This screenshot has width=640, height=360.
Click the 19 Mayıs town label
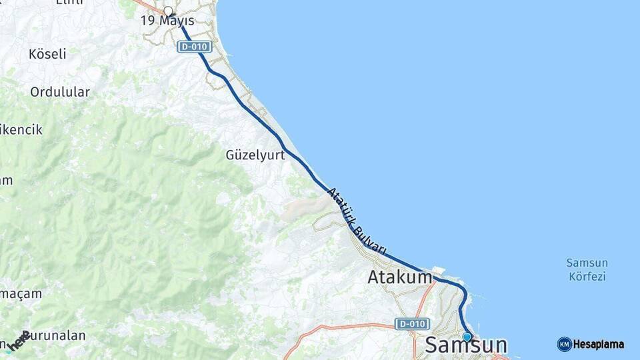coord(167,21)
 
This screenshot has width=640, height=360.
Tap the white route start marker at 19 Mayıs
coord(168,11)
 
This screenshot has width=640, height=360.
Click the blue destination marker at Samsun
coord(467,337)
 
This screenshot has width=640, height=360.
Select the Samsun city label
coord(465,345)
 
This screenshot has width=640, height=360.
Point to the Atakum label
coord(399,277)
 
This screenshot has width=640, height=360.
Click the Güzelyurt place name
coord(255,155)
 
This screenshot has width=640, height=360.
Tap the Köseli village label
coord(47,54)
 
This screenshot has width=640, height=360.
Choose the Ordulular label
coord(60,92)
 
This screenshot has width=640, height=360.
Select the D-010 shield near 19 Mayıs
coord(195,47)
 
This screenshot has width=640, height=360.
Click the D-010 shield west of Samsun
coord(411,323)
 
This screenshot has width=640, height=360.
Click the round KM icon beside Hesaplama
coord(564,344)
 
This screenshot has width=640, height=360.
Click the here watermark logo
coord(20,339)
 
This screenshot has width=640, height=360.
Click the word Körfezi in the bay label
coord(587,276)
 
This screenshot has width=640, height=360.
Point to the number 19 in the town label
coord(147,21)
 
